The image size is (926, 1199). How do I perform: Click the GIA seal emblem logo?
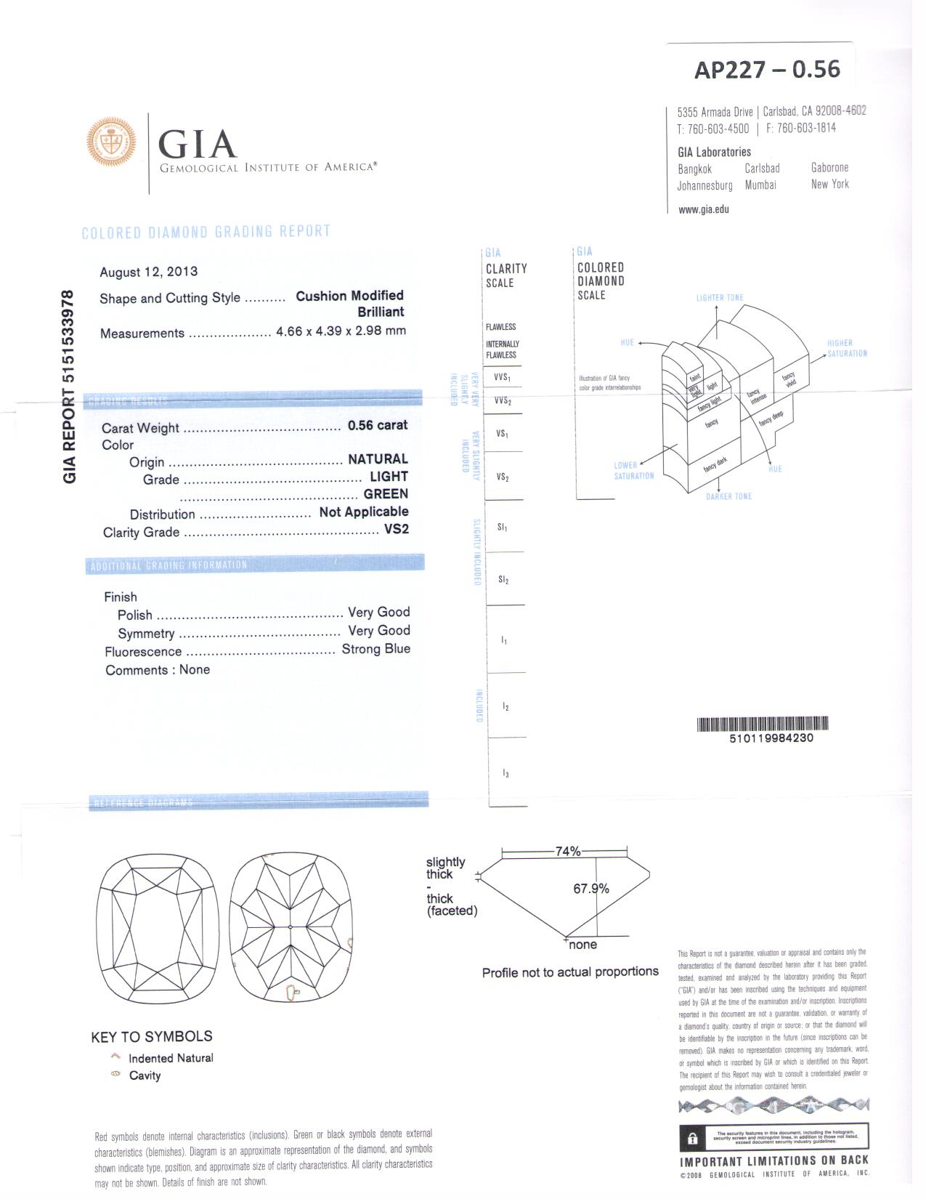tap(111, 142)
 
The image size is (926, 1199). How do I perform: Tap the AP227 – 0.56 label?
tap(767, 69)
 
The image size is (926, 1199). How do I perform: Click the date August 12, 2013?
tap(148, 272)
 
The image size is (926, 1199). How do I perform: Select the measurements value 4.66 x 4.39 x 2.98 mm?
tap(341, 331)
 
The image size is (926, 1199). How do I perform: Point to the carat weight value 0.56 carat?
tap(378, 425)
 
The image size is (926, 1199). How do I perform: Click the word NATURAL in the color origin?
tap(378, 459)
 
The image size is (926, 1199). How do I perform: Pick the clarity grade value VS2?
tap(396, 529)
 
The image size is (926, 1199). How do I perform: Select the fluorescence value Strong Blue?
tap(375, 649)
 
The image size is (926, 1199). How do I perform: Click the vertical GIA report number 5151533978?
tap(69, 386)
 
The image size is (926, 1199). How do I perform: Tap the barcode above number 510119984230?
tap(762, 724)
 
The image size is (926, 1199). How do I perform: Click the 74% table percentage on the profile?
tap(567, 851)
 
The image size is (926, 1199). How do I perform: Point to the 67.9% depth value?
tap(590, 889)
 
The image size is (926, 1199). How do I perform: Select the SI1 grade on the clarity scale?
tap(503, 527)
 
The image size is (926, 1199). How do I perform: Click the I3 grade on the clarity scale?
tap(505, 774)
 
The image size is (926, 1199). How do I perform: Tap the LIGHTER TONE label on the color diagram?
tap(719, 298)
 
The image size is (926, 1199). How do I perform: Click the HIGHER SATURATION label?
tap(846, 348)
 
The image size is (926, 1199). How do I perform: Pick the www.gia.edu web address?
tap(703, 210)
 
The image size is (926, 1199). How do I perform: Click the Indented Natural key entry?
tap(171, 1058)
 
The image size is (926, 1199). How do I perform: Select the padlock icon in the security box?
tap(693, 1139)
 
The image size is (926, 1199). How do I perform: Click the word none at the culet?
tap(582, 945)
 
